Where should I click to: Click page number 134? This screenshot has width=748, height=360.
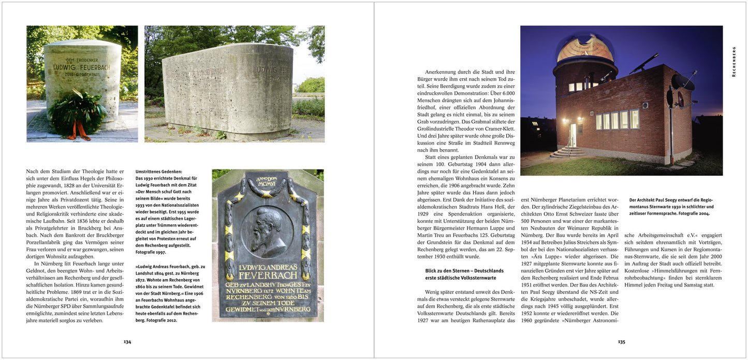click(x=127, y=342)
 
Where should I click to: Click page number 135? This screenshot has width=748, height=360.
click(x=621, y=342)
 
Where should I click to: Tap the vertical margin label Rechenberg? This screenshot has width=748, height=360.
click(x=734, y=62)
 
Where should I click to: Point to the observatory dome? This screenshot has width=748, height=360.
click(x=585, y=47)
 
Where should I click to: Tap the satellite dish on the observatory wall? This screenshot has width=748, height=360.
click(x=682, y=82)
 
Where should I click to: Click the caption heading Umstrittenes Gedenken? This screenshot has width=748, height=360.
click(x=159, y=171)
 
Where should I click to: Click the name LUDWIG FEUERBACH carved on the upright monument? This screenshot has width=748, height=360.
click(x=82, y=67)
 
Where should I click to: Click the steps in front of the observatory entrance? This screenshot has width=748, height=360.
click(x=568, y=152)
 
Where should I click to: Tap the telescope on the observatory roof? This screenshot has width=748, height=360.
click(x=645, y=63)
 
